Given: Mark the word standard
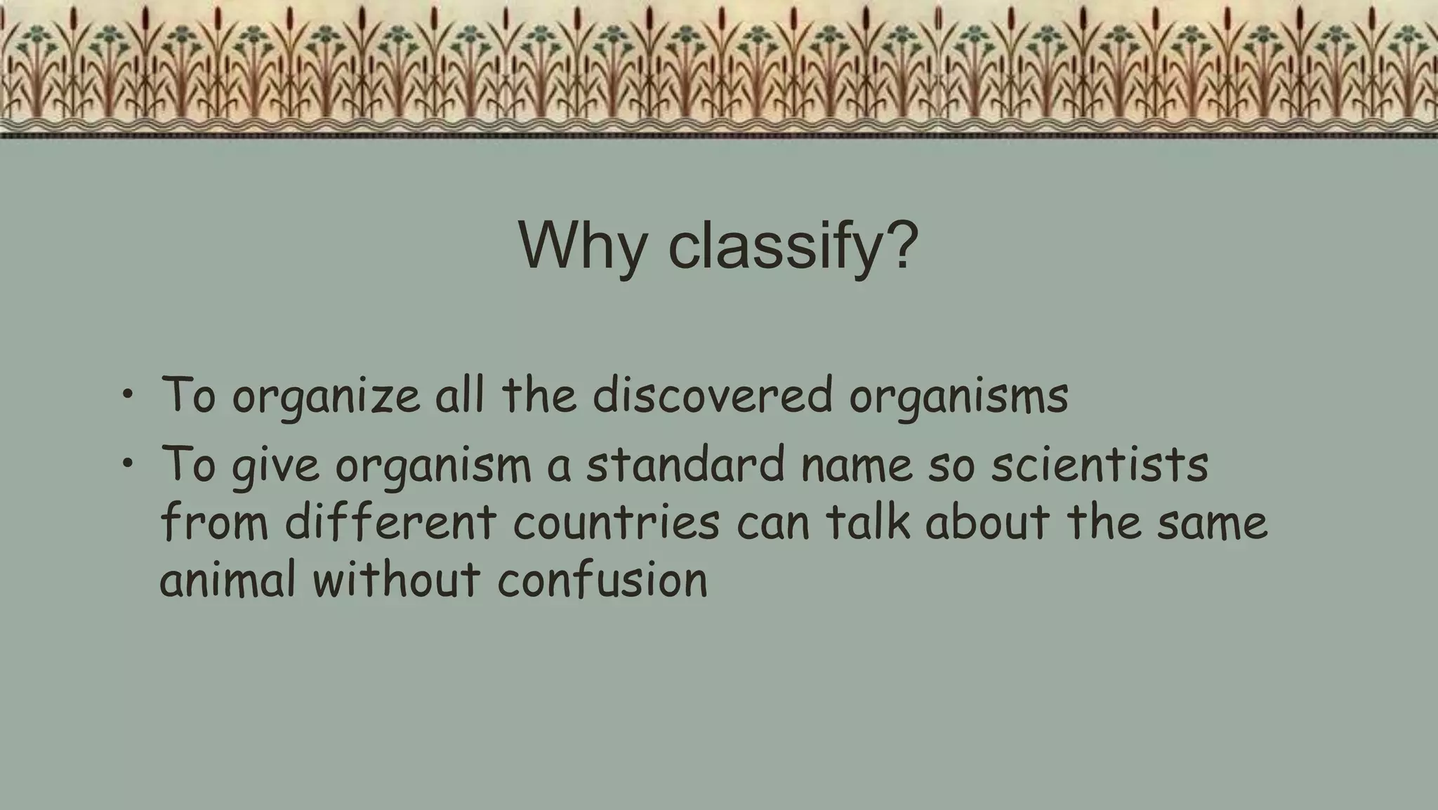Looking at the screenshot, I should (685, 464).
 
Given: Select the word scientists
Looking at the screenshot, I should (1100, 464).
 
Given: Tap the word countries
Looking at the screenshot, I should (616, 523).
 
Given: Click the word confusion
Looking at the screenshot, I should (602, 580).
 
